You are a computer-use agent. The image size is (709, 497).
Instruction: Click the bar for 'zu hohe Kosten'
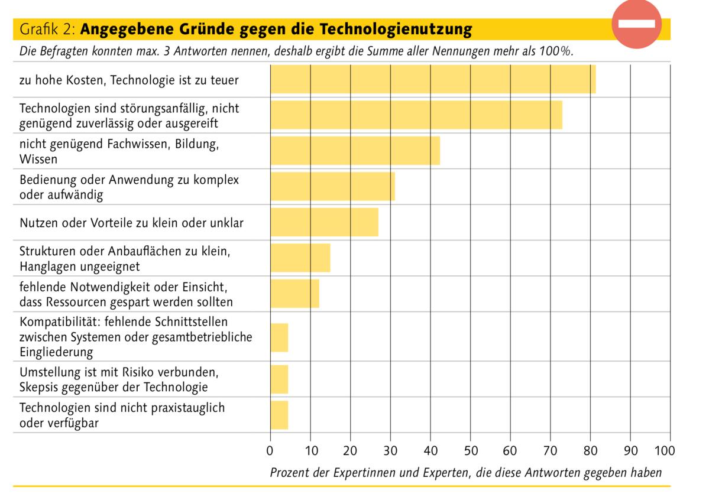(433, 79)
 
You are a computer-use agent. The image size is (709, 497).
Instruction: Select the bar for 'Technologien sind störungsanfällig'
(416, 115)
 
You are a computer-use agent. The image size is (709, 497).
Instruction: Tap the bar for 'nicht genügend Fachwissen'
(355, 151)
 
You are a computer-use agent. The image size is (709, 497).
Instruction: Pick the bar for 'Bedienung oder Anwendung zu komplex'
(332, 187)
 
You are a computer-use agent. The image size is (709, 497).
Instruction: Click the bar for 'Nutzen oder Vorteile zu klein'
(324, 222)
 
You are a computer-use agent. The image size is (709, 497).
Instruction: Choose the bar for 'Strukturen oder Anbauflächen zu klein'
(300, 258)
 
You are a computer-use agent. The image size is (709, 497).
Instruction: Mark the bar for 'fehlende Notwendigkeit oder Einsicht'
(294, 294)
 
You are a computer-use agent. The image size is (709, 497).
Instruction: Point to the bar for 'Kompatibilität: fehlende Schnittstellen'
(279, 337)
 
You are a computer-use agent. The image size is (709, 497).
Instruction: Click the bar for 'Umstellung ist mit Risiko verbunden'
(279, 379)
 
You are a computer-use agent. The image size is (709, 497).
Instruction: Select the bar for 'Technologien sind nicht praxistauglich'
(279, 415)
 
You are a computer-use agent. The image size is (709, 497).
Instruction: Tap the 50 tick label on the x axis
(470, 451)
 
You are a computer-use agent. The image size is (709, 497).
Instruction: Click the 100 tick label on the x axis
(665, 451)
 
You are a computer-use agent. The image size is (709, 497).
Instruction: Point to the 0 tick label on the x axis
(270, 451)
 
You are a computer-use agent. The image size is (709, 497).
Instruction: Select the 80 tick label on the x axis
(590, 451)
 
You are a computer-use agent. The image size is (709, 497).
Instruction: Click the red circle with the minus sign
(636, 24)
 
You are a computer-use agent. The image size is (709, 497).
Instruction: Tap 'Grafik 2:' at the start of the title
(48, 29)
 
